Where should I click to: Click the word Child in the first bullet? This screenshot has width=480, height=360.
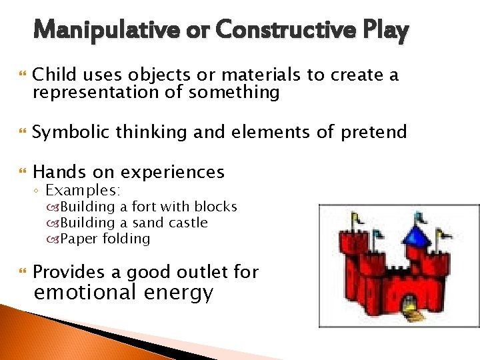tap(53, 75)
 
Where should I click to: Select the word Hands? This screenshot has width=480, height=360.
tap(58, 172)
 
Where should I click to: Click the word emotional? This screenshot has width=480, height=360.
tap(85, 293)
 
